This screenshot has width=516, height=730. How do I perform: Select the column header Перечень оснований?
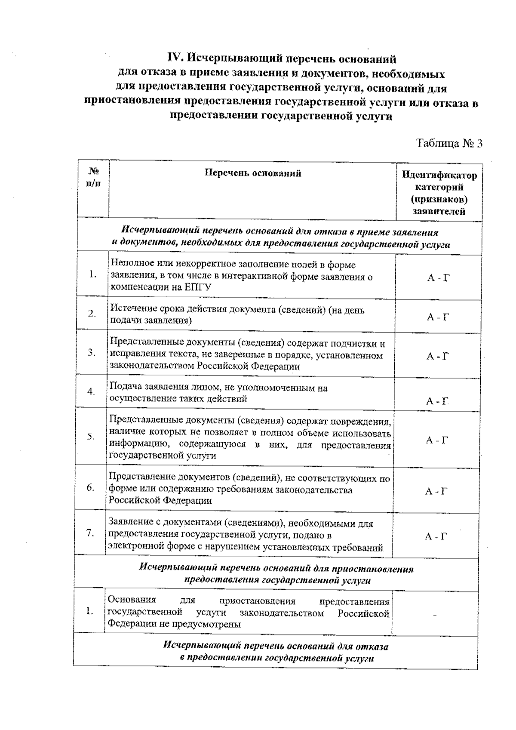[252, 173]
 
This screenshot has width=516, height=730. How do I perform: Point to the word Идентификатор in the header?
[439, 176]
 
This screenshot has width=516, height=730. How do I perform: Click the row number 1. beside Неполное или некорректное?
[92, 274]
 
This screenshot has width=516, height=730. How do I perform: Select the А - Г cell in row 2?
[438, 317]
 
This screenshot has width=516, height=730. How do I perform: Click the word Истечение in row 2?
[130, 310]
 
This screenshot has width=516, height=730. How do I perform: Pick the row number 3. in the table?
[92, 353]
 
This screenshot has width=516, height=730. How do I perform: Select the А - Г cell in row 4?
[437, 401]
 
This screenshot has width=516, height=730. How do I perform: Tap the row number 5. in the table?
[91, 436]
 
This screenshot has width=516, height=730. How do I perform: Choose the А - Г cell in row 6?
[436, 491]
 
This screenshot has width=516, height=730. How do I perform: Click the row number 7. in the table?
[90, 533]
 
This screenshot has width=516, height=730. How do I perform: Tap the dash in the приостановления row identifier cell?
[435, 616]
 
